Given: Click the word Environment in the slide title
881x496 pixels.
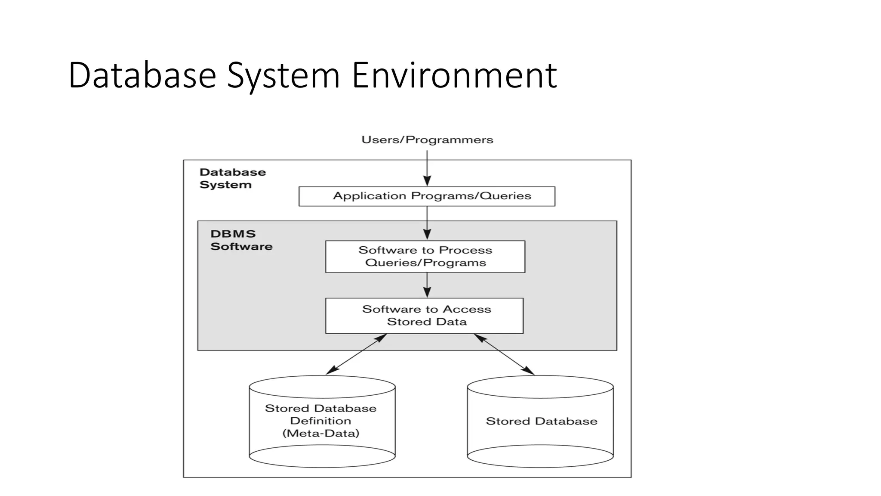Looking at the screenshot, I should click(x=454, y=75).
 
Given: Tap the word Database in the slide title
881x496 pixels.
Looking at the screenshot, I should click(x=142, y=75).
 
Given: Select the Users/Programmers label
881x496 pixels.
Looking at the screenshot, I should click(x=427, y=139).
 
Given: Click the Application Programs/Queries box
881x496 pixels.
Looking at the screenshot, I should click(x=427, y=196).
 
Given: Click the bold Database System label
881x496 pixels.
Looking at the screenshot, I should click(x=232, y=178).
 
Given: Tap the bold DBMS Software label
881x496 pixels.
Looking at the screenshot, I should click(x=241, y=240).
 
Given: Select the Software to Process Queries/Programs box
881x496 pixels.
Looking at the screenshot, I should click(x=425, y=257).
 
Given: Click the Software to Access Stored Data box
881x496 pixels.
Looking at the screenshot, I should click(x=424, y=316).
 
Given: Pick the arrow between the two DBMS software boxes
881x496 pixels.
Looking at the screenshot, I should click(x=427, y=285).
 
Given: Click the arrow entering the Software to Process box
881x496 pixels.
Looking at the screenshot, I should click(x=427, y=223).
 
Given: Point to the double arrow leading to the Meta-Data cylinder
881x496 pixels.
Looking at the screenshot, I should click(x=356, y=354).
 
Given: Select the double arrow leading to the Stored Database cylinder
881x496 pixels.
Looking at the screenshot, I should click(x=504, y=354).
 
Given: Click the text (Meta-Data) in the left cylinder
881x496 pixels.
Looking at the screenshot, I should click(x=320, y=433).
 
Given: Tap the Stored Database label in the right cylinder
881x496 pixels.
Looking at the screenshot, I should click(x=541, y=421).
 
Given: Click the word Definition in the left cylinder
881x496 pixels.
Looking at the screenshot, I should click(x=320, y=421).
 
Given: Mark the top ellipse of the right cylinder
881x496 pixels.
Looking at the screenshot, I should click(x=540, y=387).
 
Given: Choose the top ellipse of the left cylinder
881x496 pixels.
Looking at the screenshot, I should click(x=322, y=387).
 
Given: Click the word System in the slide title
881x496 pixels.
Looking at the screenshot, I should click(x=284, y=75).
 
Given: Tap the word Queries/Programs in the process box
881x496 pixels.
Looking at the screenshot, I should click(x=425, y=263).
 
